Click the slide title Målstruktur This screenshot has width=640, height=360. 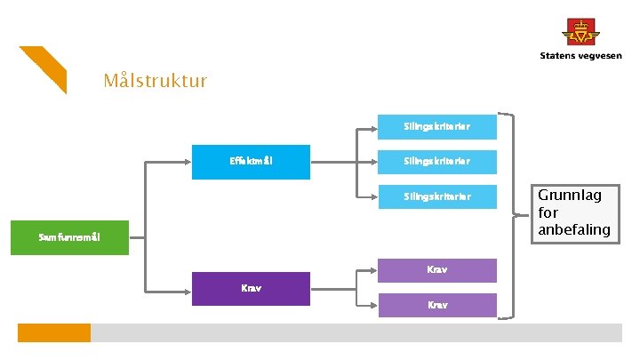click(156, 82)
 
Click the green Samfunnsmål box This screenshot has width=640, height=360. click(69, 237)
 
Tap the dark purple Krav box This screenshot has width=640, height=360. click(251, 289)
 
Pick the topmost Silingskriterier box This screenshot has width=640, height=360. click(436, 127)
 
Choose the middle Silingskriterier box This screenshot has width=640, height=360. click(436, 162)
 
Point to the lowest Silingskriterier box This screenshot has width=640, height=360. click(436, 196)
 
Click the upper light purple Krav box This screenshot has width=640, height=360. click(436, 269)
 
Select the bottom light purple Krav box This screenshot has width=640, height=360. click(436, 305)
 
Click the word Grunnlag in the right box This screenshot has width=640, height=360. click(569, 196)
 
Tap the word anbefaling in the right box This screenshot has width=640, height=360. click(574, 229)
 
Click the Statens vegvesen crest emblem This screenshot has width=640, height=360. click(580, 32)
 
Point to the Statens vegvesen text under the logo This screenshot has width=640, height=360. click(580, 56)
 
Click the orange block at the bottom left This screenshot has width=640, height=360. click(54, 332)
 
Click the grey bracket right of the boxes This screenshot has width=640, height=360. click(510, 213)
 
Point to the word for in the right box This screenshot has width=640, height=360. click(548, 212)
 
